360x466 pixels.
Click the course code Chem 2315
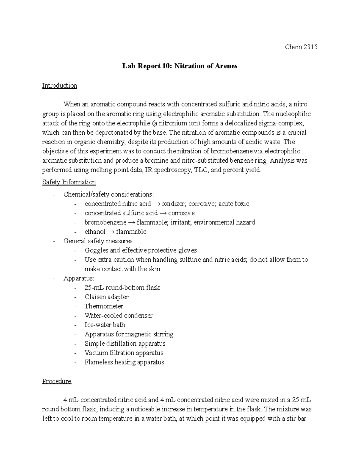(x=301, y=47)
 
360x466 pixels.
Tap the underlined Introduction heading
(x=59, y=86)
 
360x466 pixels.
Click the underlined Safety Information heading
(x=69, y=182)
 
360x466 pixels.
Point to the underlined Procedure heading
(x=57, y=381)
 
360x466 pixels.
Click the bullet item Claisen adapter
(x=106, y=297)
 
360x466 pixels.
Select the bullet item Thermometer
(x=104, y=306)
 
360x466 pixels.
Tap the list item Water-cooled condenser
(x=118, y=316)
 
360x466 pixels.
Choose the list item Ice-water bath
(x=105, y=325)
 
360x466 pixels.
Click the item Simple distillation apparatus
(x=125, y=344)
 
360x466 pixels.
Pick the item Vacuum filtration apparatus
(x=124, y=353)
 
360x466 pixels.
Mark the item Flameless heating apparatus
(x=124, y=362)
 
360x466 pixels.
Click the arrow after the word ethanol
(x=110, y=232)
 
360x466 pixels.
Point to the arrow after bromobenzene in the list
(x=131, y=223)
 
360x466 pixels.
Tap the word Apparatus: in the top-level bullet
(x=79, y=278)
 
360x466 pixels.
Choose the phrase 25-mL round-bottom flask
(x=122, y=288)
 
